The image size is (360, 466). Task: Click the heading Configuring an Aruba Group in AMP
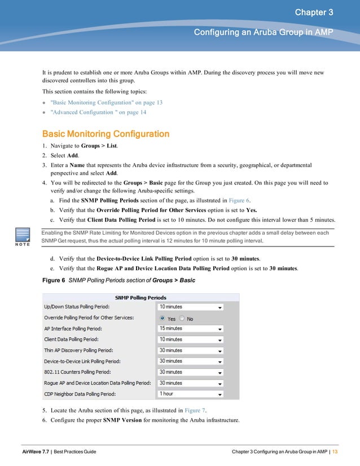click(x=264, y=33)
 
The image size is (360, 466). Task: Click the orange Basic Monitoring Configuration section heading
click(x=106, y=134)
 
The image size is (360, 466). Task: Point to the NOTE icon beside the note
click(x=23, y=237)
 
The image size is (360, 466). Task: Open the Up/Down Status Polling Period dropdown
click(x=191, y=307)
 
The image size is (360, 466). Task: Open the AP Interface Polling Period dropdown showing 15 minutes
click(x=191, y=328)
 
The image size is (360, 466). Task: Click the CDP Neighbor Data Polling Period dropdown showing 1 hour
click(x=191, y=394)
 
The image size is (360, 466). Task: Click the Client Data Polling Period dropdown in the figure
click(x=191, y=340)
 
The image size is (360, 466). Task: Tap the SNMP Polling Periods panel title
click(x=141, y=297)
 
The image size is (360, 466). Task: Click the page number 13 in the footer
click(x=335, y=452)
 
